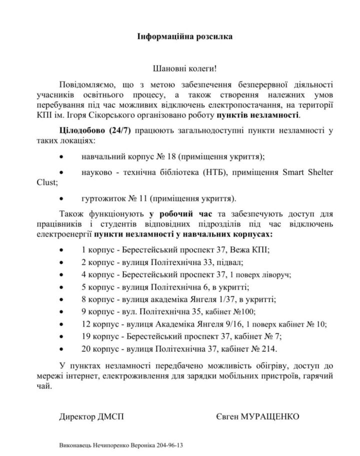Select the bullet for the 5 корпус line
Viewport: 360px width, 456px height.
[x=61, y=287]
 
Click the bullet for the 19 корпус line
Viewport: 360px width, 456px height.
[x=61, y=337]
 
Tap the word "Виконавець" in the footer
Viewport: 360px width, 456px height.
[x=76, y=444]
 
